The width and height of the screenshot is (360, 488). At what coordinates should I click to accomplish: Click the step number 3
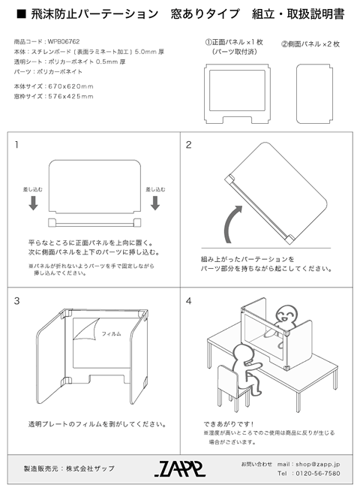click(16, 301)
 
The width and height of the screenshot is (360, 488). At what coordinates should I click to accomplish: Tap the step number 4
click(189, 301)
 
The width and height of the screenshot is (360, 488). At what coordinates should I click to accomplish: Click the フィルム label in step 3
click(111, 333)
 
